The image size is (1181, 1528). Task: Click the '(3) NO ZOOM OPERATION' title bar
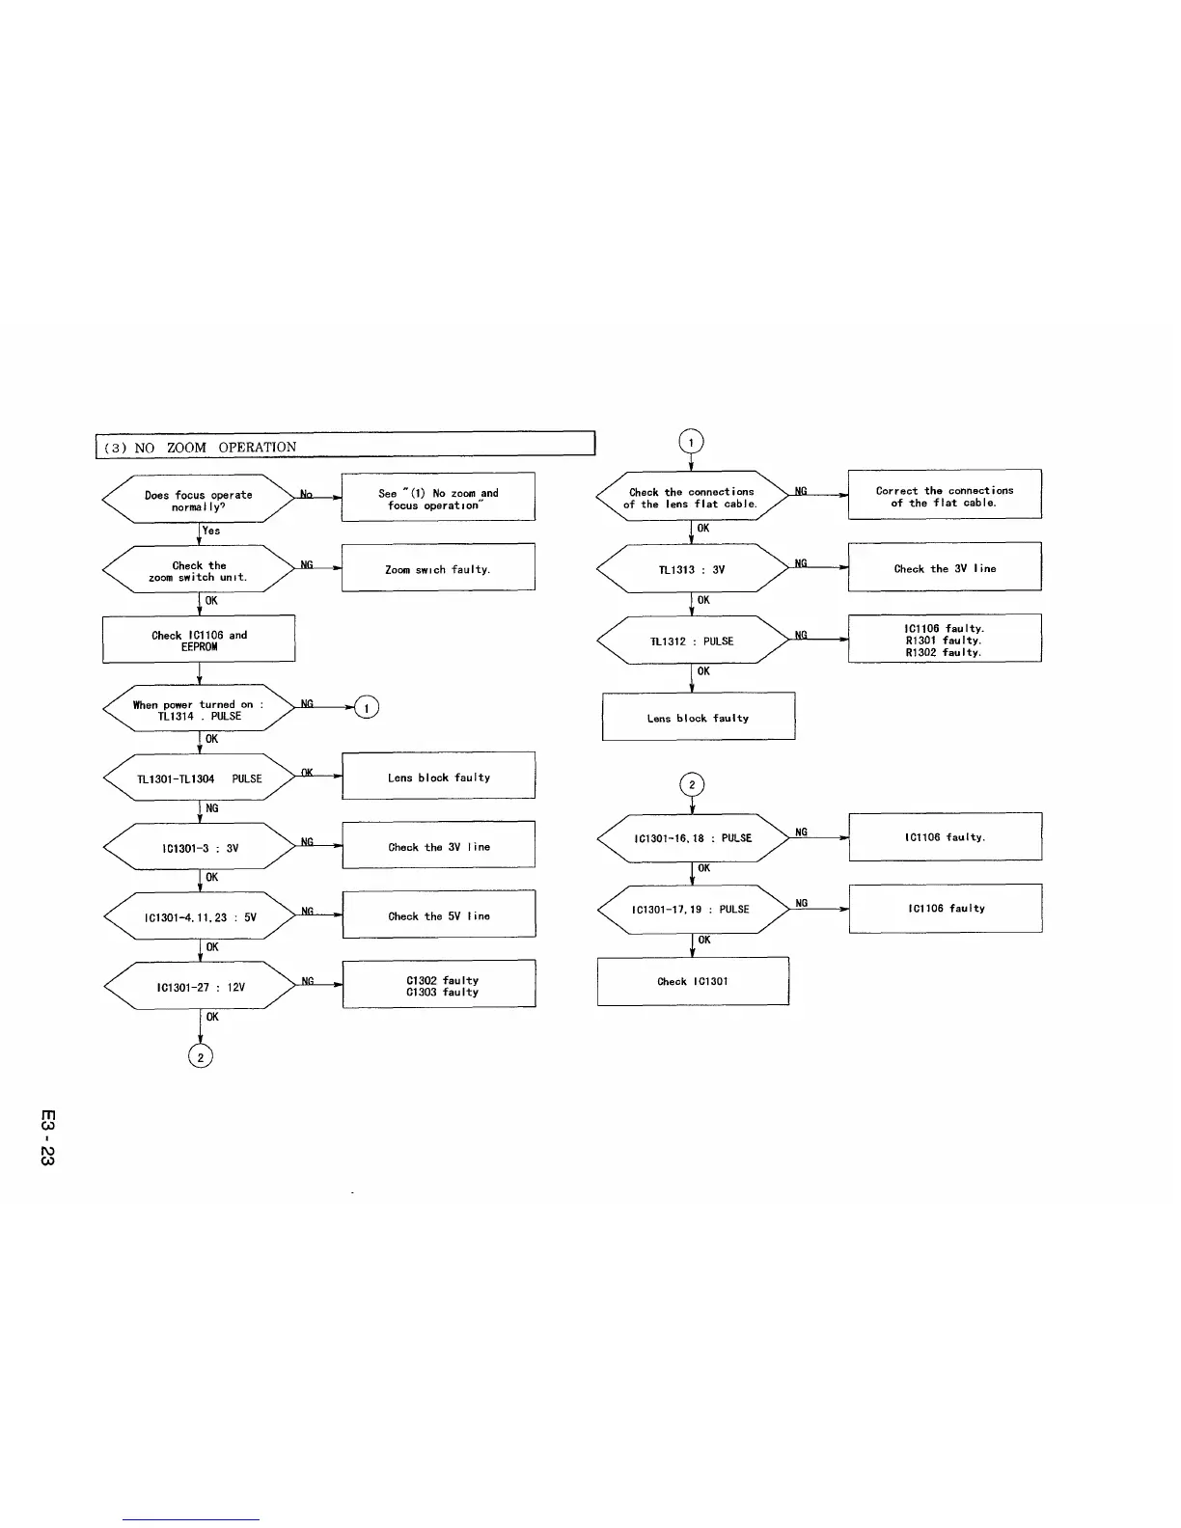[344, 447]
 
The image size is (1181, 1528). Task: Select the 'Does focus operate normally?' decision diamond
[199, 500]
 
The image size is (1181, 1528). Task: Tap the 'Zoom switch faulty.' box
[438, 569]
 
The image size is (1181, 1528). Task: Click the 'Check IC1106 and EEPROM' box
[199, 641]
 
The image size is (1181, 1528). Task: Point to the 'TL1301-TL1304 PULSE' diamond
[199, 778]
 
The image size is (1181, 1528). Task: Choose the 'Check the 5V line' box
[439, 915]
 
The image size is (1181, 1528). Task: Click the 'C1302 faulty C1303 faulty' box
[439, 985]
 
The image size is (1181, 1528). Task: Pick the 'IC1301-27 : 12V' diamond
[199, 987]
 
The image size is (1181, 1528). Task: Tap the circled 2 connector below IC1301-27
[200, 1056]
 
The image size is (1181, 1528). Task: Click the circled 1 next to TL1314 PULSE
[367, 708]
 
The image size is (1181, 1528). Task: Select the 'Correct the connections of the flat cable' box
[945, 496]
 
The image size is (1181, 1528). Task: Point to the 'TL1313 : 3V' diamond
[692, 569]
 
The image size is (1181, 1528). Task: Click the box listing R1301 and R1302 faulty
[945, 640]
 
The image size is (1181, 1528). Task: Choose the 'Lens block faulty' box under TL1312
[699, 718]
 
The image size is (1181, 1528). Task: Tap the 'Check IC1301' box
[693, 981]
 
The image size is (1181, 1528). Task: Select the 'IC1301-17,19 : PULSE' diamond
[692, 909]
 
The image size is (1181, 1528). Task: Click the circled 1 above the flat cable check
[692, 442]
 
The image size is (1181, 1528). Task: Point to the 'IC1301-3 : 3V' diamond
[199, 848]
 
